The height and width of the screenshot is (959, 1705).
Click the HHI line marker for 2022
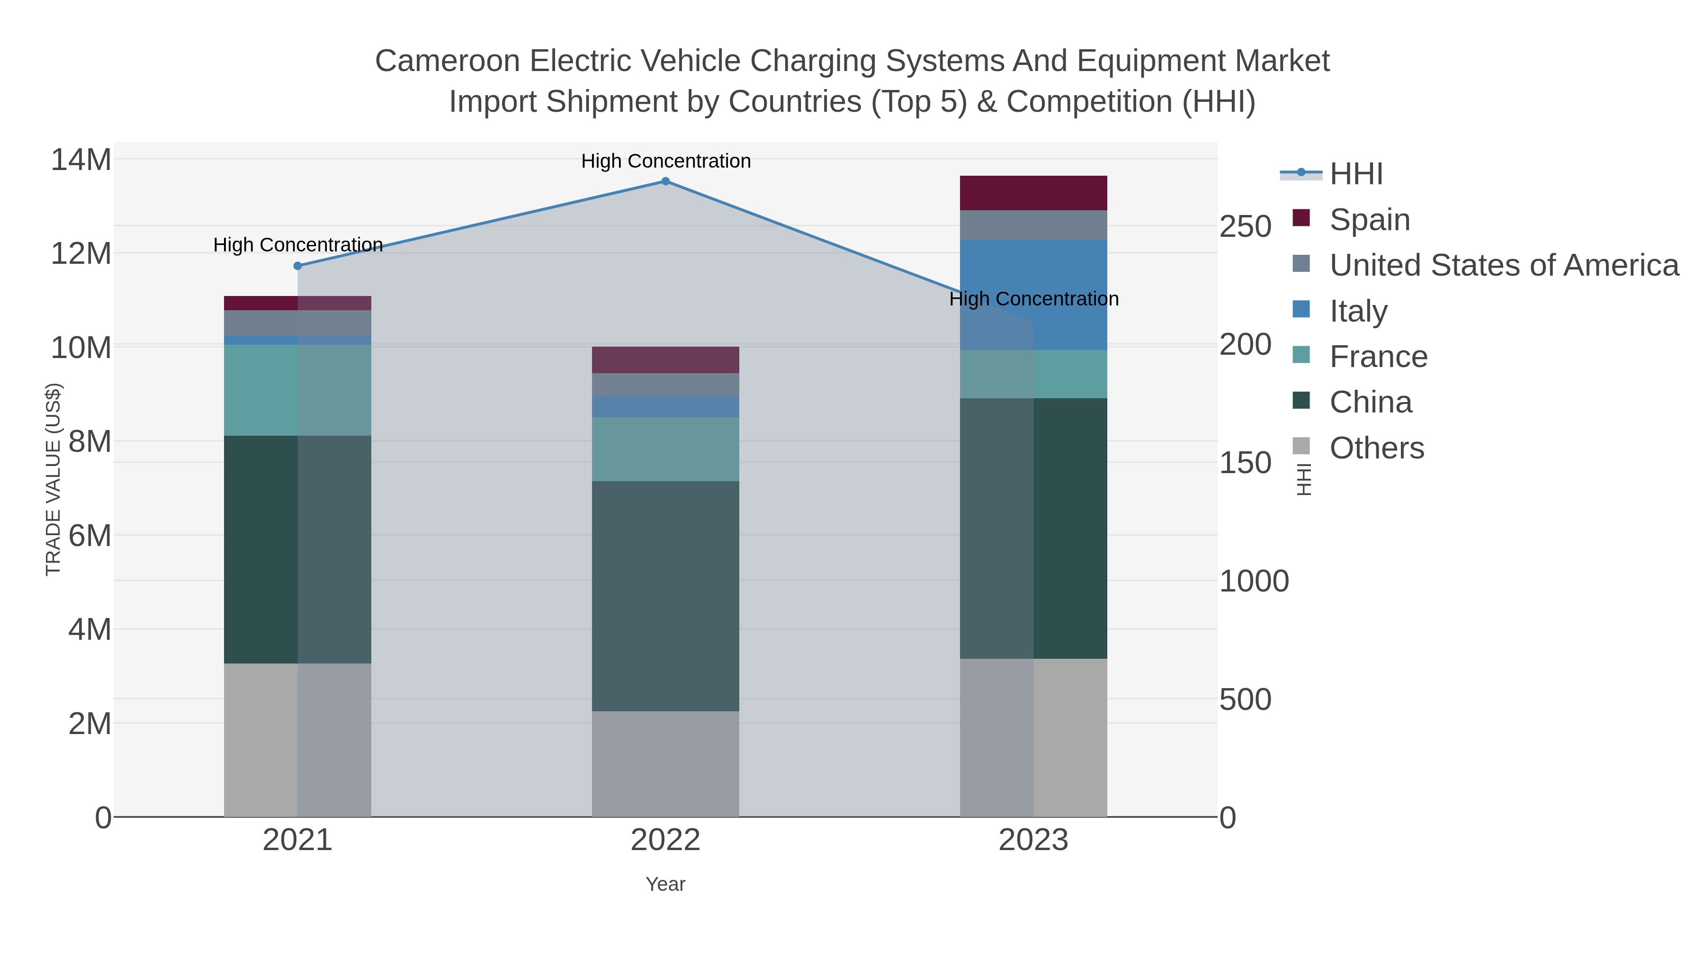665,181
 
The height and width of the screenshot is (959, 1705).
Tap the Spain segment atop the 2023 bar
1033,193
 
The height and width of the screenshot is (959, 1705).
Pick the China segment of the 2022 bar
665,596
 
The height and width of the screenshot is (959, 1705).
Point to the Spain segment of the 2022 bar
665,359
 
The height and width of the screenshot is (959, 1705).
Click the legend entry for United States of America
1503,265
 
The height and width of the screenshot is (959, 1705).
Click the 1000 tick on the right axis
1254,582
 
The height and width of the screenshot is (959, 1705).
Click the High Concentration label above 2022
666,161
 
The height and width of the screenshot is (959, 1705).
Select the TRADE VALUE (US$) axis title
53,479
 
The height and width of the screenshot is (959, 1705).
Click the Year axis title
665,884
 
